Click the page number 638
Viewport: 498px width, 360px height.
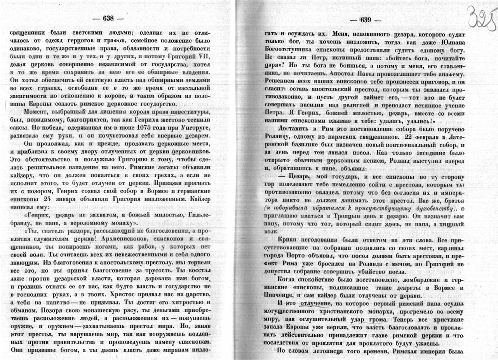point(108,18)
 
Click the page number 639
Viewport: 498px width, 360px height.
point(366,21)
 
